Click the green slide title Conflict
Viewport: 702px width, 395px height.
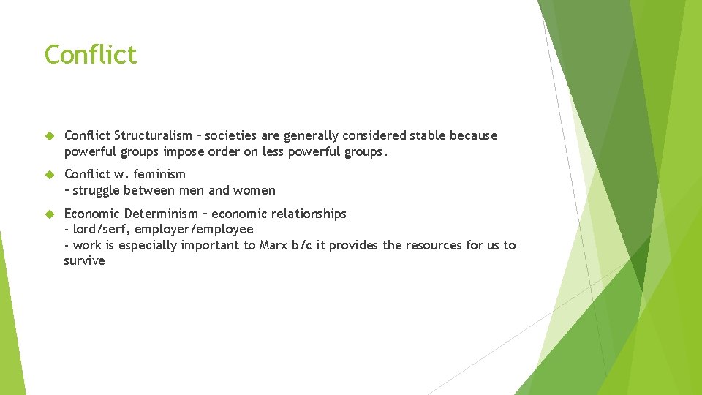click(91, 55)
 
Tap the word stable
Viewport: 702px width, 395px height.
click(428, 135)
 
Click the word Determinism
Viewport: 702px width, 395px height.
click(159, 214)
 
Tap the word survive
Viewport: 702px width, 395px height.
click(84, 261)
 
